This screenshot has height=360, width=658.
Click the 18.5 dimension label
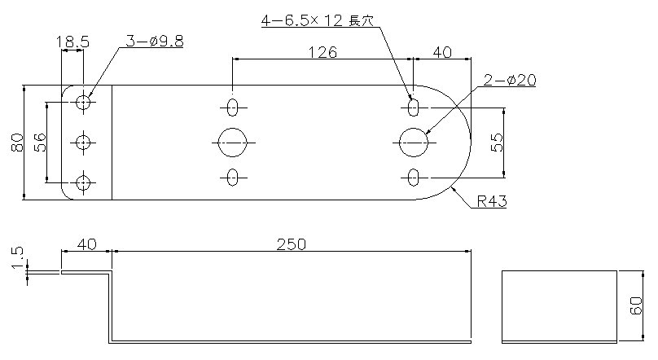pos(72,42)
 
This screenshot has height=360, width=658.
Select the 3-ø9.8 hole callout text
pos(155,41)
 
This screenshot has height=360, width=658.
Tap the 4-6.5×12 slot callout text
pos(318,20)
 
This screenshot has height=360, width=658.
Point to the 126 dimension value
pos(322,52)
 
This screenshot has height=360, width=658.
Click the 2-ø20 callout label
pos(510,80)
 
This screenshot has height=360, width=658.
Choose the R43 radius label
pos(492,201)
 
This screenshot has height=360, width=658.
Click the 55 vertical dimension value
pos(497,143)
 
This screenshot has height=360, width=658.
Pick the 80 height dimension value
pos(17,143)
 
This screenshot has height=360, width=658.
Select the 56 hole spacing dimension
pos(39,143)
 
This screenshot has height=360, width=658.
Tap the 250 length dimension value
pos(292,244)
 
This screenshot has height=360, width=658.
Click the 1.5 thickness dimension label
pos(17,257)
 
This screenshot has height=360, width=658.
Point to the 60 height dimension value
pos(636,305)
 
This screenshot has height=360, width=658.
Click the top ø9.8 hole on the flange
pos(83,102)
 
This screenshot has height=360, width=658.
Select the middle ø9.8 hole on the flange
pos(83,143)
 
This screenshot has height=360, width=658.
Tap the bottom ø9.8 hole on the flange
pos(83,183)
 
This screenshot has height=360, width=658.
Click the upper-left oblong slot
pos(232,108)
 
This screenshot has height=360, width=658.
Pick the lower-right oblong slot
pos(414,178)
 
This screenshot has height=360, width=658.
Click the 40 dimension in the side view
pos(87,244)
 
